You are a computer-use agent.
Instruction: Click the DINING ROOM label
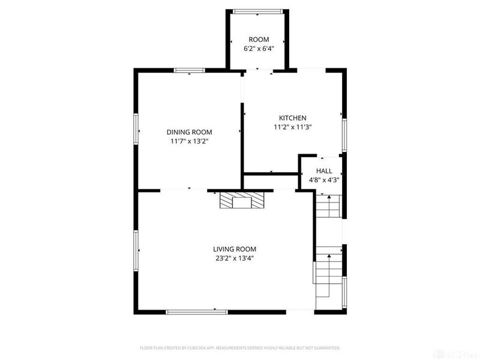(x=189, y=132)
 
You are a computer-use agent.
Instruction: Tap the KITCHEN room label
(x=293, y=118)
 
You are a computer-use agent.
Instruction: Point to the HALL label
(x=324, y=170)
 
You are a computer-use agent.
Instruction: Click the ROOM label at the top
(x=259, y=40)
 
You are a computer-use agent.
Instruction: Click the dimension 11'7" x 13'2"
(x=189, y=142)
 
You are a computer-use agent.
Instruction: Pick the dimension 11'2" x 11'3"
(x=293, y=127)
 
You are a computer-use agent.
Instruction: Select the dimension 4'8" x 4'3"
(x=324, y=179)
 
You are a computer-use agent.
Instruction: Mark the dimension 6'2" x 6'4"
(x=259, y=49)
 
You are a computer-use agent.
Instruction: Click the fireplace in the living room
(x=241, y=200)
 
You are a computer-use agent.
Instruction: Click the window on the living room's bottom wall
(x=196, y=311)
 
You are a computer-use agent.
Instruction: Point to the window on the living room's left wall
(x=136, y=249)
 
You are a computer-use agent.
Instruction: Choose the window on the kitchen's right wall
(x=344, y=135)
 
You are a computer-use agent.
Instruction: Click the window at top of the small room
(x=258, y=11)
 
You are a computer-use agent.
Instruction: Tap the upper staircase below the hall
(x=328, y=207)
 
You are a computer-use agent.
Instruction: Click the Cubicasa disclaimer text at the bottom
(x=240, y=347)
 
